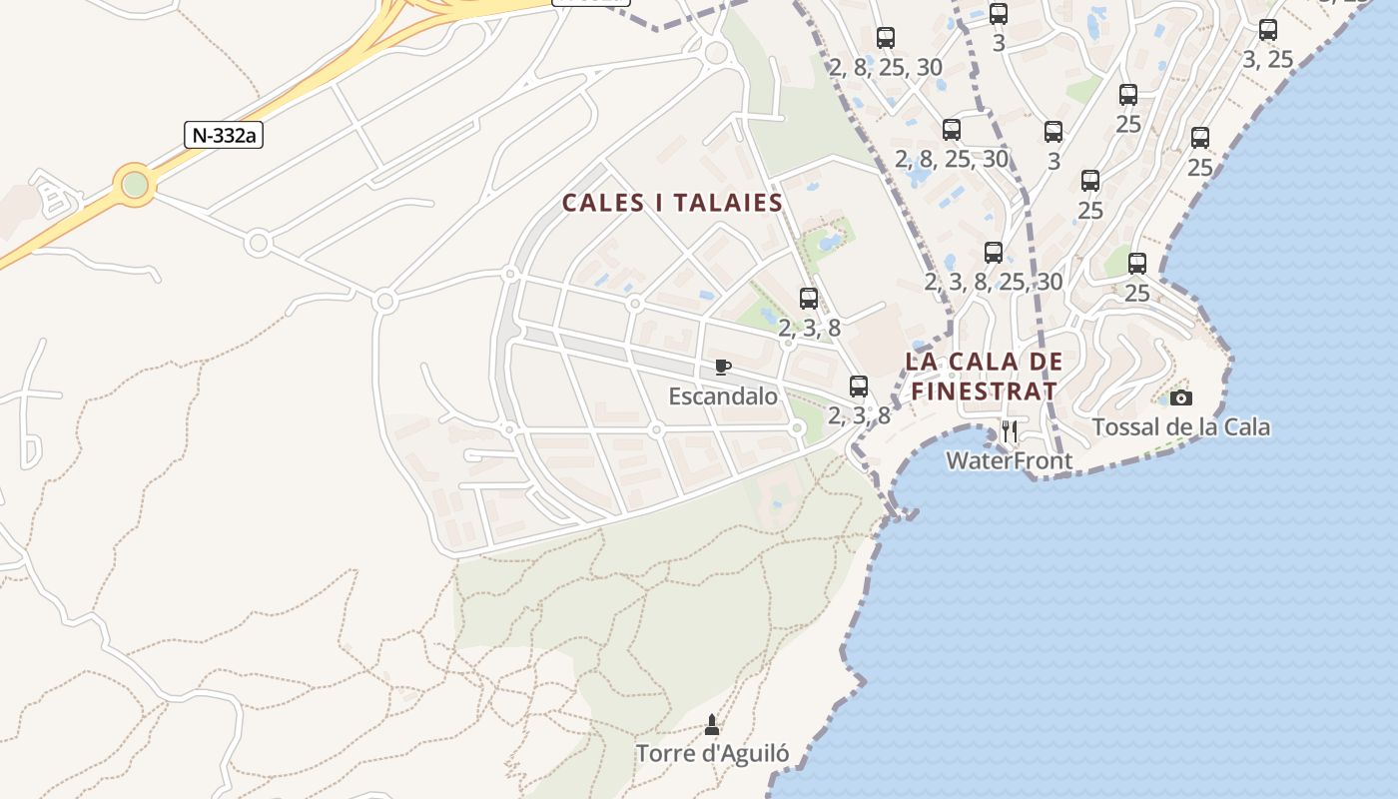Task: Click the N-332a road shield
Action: click(x=223, y=135)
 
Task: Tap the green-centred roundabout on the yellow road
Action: click(x=135, y=185)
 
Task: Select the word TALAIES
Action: click(x=728, y=204)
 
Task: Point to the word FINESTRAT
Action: click(x=984, y=391)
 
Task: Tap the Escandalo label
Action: click(x=723, y=397)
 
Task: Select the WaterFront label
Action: click(x=1009, y=460)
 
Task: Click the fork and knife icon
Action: click(x=1010, y=431)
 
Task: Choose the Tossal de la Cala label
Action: click(x=1181, y=427)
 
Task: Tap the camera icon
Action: click(x=1181, y=398)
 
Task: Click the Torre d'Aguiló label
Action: click(x=712, y=753)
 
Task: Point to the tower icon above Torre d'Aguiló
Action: click(x=712, y=724)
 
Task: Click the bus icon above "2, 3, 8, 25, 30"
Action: click(x=994, y=253)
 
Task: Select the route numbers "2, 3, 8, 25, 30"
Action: click(x=994, y=282)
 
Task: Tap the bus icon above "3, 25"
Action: click(x=1268, y=30)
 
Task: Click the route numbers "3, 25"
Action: click(x=1268, y=60)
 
